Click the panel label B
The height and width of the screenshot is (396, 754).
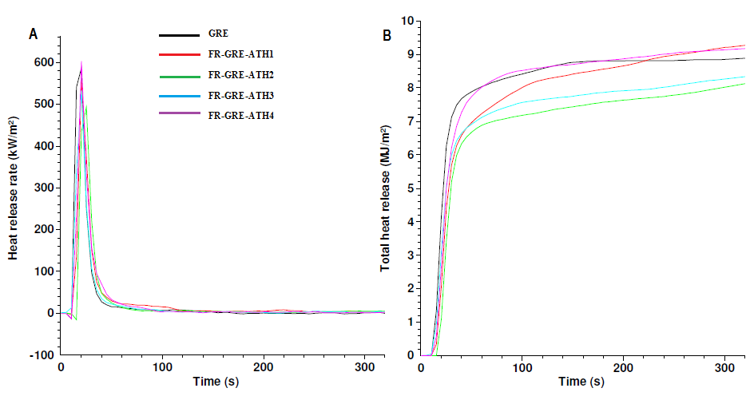tap(387, 35)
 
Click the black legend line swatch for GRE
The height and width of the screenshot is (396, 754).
tap(178, 36)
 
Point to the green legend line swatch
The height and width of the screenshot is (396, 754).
tap(178, 76)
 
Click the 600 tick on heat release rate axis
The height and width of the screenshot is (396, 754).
tap(44, 62)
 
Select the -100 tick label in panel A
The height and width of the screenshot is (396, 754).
tap(42, 354)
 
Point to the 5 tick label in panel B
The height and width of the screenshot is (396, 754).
tap(410, 188)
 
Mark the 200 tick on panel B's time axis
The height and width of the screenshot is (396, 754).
tap(622, 369)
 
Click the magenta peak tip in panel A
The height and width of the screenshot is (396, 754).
tap(81, 62)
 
